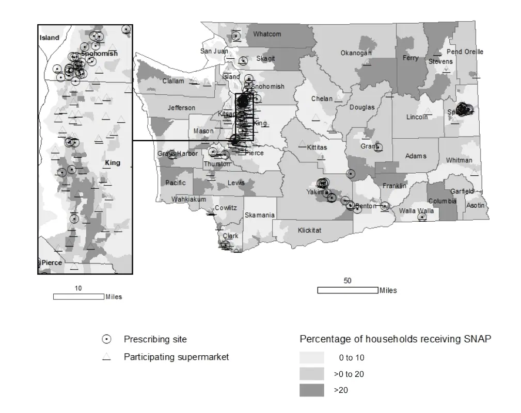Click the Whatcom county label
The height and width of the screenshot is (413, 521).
pyautogui.click(x=267, y=34)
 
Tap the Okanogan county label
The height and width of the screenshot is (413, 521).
pyautogui.click(x=356, y=53)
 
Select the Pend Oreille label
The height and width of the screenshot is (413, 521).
pyautogui.click(x=465, y=52)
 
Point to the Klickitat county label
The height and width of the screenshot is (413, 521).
pyautogui.click(x=309, y=230)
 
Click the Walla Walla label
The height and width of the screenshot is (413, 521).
pyautogui.click(x=416, y=211)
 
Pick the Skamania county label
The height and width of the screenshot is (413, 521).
pyautogui.click(x=260, y=215)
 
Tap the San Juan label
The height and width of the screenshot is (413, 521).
pyautogui.click(x=214, y=51)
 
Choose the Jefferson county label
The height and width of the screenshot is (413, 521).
pyautogui.click(x=181, y=108)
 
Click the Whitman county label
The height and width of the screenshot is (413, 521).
pyautogui.click(x=459, y=160)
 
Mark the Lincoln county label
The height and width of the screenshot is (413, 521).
pyautogui.click(x=417, y=117)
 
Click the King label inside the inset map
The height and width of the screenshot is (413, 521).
pyautogui.click(x=113, y=163)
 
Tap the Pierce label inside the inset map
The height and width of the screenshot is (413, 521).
pyautogui.click(x=52, y=263)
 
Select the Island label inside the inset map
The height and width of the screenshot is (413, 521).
pyautogui.click(x=50, y=38)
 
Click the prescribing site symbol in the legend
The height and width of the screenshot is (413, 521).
pyautogui.click(x=106, y=339)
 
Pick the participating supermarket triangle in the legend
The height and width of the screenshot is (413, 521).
pyautogui.click(x=106, y=357)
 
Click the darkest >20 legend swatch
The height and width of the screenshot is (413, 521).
pyautogui.click(x=311, y=390)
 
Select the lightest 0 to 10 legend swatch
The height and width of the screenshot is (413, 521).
pyautogui.click(x=311, y=357)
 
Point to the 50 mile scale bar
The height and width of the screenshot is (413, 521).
pyautogui.click(x=347, y=291)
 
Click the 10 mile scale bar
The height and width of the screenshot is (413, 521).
pyautogui.click(x=78, y=296)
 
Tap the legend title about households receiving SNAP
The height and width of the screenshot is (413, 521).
pyautogui.click(x=396, y=339)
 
